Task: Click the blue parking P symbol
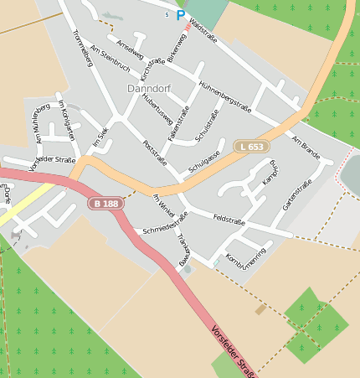coord(180,14)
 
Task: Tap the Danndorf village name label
coord(149,88)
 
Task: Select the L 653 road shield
coord(249,147)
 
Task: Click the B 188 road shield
coord(105,204)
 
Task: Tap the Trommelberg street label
coord(82,48)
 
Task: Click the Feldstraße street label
coord(229,220)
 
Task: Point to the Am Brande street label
coord(306,146)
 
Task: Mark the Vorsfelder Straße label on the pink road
coord(234,351)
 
